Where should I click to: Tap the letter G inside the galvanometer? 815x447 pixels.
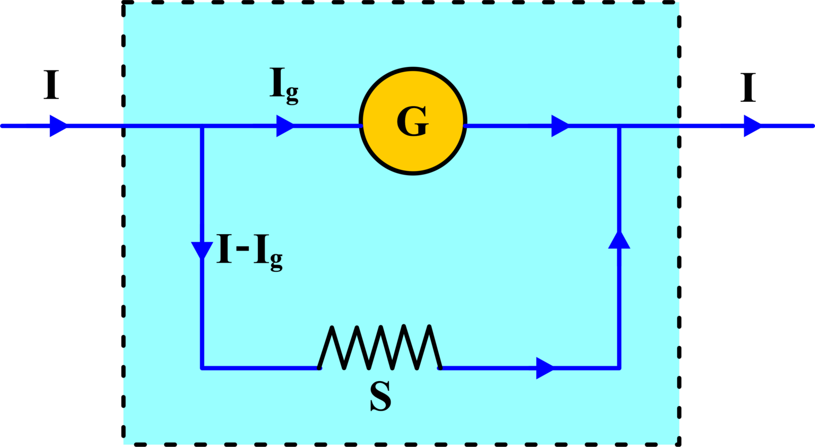(412, 122)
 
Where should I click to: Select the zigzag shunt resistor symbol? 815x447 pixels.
(380, 348)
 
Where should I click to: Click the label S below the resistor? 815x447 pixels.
(380, 397)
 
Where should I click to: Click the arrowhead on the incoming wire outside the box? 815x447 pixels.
(58, 126)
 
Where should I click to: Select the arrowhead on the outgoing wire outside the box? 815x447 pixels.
(752, 126)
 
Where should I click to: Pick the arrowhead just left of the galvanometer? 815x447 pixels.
(285, 126)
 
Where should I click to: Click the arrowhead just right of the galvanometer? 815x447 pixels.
(560, 126)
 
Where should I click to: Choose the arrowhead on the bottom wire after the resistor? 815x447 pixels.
(544, 368)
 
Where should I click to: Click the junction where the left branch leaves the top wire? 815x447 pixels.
(202, 126)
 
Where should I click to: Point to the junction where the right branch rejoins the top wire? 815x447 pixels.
(619, 126)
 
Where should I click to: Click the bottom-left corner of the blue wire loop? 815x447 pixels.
(202, 367)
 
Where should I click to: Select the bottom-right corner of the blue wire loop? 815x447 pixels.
(619, 367)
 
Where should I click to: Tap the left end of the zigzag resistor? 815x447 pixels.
(319, 367)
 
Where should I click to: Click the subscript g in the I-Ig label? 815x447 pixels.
(276, 261)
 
